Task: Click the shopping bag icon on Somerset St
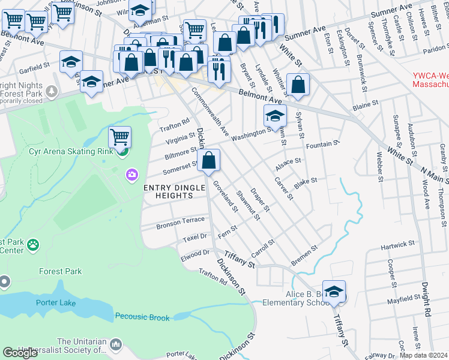coord(209,161)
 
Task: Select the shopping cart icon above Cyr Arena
coord(120,137)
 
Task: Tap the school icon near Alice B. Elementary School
coord(334,292)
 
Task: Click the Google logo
coord(20,353)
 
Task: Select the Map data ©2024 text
coord(423,355)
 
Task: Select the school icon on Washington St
coord(275,116)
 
